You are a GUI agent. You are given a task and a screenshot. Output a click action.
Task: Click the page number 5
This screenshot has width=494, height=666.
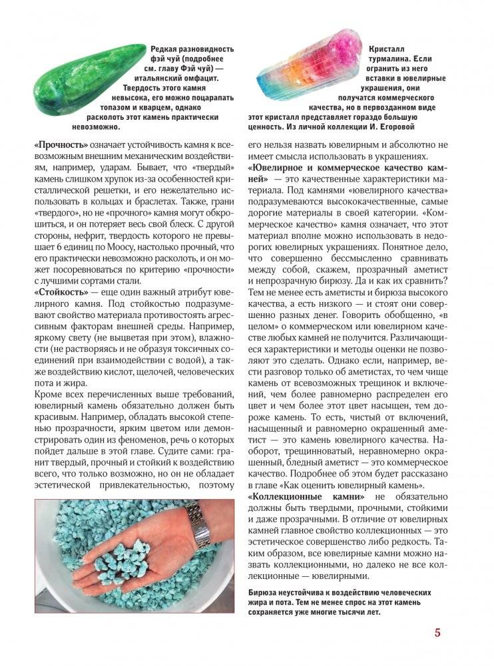click(437, 633)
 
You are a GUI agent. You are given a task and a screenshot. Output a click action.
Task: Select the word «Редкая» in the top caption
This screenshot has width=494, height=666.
click(166, 50)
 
